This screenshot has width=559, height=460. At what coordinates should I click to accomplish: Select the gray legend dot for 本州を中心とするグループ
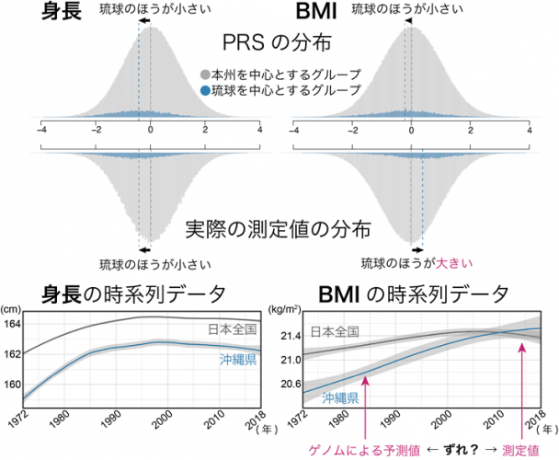[x=203, y=75]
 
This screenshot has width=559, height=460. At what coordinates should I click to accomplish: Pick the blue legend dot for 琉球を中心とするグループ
[x=203, y=90]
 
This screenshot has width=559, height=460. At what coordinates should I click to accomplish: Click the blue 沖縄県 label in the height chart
[x=238, y=362]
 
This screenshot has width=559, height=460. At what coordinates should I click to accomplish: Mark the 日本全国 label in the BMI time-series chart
[x=334, y=331]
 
